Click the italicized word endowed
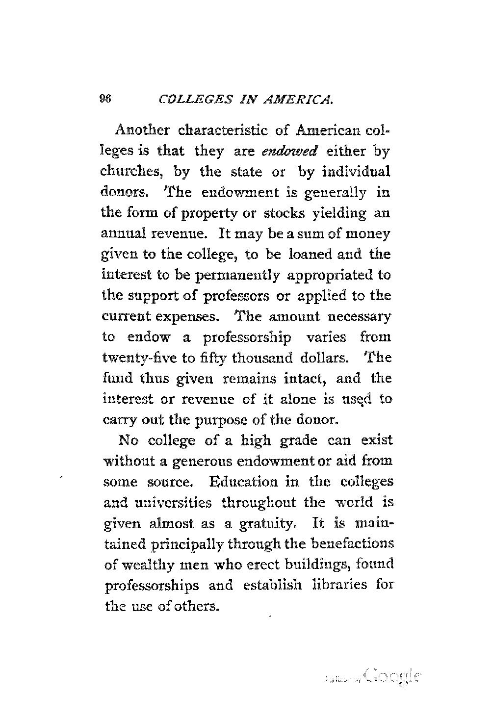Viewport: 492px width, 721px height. click(287, 153)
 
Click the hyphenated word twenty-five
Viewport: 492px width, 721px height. click(141, 358)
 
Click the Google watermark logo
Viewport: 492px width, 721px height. click(392, 677)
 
